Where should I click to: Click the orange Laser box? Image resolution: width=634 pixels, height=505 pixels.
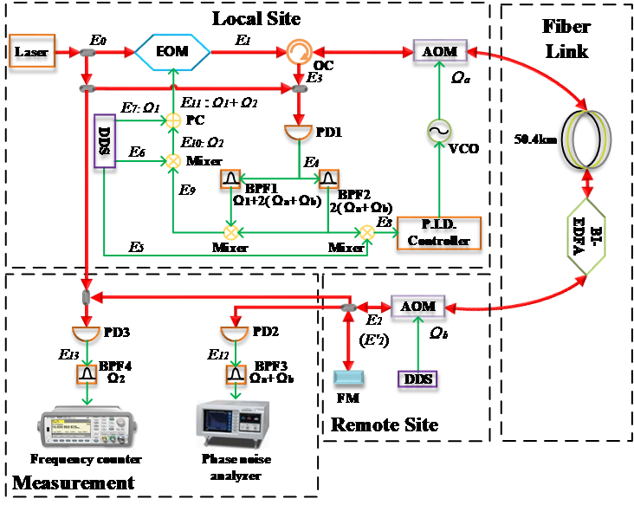coord(32,51)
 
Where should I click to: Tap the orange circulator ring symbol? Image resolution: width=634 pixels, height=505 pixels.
coord(300,53)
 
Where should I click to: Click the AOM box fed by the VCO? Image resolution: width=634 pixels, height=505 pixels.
coord(440,51)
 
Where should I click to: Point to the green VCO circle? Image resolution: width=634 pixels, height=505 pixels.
coord(440,131)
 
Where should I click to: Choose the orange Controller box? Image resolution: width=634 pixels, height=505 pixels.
coord(438,232)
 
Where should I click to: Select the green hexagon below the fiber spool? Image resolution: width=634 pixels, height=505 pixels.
coord(586,235)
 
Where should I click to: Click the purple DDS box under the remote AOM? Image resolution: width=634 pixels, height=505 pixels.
coord(417,379)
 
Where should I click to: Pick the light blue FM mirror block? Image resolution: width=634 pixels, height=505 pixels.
coord(348,377)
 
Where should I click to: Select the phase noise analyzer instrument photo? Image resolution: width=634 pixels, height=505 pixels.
coord(232,424)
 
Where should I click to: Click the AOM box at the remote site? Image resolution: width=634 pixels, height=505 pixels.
coord(417,307)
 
